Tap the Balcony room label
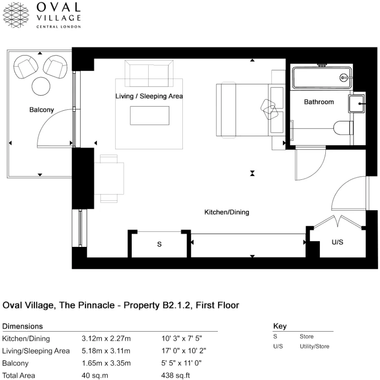(41, 110)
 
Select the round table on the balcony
(41, 86)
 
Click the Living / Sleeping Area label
(149, 96)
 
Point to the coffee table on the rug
(149, 116)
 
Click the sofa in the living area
(149, 73)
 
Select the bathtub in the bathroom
(322, 78)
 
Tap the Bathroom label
(319, 102)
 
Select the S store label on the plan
(159, 245)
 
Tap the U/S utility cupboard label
(337, 242)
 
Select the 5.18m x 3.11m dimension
(106, 351)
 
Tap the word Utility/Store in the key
(314, 346)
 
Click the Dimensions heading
(22, 326)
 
